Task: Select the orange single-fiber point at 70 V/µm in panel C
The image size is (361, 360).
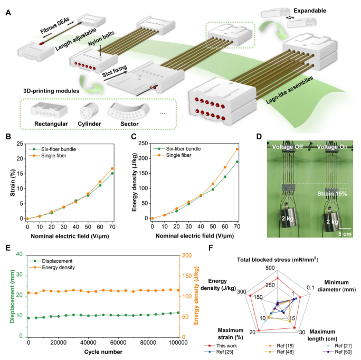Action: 237,149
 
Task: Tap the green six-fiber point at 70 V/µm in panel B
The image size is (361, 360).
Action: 112,173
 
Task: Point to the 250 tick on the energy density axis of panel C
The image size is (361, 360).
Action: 143,143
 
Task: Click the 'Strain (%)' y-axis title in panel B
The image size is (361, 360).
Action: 13,183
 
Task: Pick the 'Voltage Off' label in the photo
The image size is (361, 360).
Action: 288,147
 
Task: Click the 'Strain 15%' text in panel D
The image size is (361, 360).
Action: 332,194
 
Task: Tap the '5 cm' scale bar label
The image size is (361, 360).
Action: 345,234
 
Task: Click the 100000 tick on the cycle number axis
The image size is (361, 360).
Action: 178,343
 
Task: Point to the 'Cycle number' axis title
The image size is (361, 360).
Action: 103,352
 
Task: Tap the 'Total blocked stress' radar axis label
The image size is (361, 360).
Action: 263,260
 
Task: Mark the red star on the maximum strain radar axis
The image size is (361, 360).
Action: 258,330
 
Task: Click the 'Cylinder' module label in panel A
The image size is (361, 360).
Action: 89,124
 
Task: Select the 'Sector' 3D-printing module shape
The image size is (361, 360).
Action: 129,111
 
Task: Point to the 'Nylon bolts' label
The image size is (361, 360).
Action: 101,39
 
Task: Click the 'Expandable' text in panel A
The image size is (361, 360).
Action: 310,11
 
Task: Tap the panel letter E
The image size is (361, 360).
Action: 8,248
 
